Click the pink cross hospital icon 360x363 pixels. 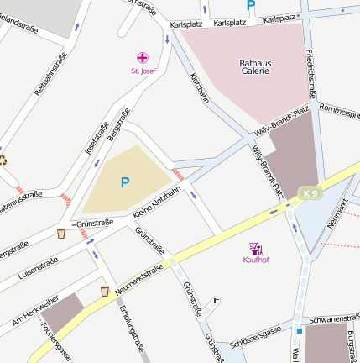[143, 58]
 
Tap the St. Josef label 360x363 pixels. [143, 71]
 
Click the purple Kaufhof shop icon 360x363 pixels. [255, 248]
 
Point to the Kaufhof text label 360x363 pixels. [255, 260]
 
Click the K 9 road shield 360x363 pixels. [310, 194]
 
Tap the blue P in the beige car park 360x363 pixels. [125, 181]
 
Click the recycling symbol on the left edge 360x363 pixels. [3, 160]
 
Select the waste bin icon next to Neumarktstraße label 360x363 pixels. [104, 291]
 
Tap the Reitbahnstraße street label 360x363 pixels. [51, 75]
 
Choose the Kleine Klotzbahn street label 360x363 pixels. [157, 204]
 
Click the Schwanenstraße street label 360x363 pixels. [328, 319]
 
